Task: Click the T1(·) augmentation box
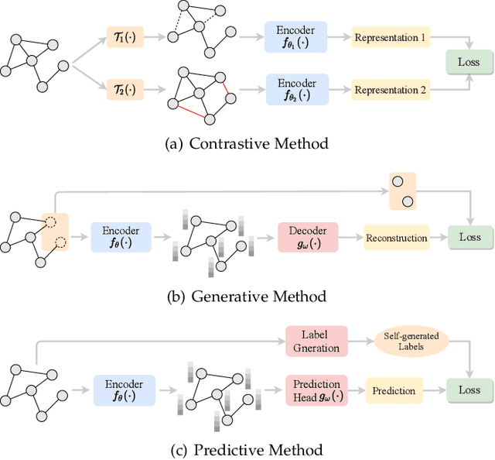point(125,37)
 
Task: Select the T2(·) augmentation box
point(125,90)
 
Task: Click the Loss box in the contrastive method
point(469,62)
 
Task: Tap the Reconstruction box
point(395,238)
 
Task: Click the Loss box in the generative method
point(469,238)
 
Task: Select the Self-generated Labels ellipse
point(406,342)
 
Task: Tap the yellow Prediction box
point(394,391)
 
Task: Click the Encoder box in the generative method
point(121,238)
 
